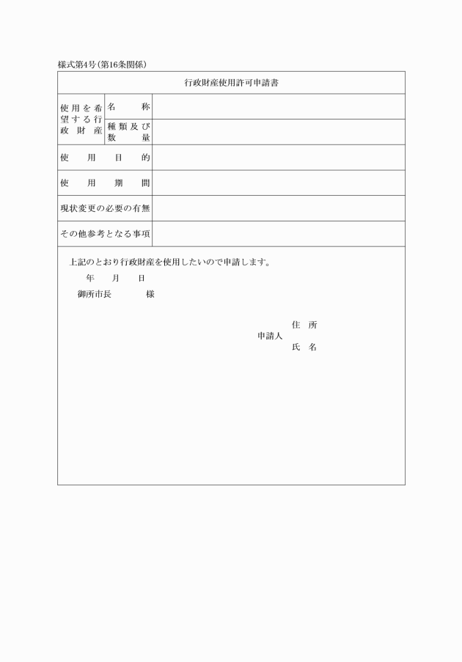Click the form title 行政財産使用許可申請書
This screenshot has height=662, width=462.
[231, 83]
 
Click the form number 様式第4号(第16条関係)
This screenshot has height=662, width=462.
[103, 65]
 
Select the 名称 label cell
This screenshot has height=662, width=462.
[129, 107]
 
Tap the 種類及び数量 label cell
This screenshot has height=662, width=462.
[129, 132]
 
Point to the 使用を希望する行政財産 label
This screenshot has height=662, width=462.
[81, 119]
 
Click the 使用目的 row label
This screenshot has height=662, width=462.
[105, 158]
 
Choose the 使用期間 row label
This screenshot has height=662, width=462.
[105, 183]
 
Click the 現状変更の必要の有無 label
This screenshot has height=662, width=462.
[105, 208]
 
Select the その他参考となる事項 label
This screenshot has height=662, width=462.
[105, 234]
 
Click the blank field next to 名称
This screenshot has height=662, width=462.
[279, 107]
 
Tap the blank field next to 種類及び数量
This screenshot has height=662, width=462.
[279, 132]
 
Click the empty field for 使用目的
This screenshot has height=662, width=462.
[279, 158]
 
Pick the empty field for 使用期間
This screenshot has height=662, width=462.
[279, 183]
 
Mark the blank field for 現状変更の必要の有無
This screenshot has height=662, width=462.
[279, 208]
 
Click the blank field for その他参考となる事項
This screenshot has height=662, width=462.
[279, 234]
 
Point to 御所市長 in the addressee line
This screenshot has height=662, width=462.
[94, 294]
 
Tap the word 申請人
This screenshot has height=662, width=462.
[270, 336]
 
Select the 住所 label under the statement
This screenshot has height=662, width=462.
[304, 325]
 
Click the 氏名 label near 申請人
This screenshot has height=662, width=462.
[304, 347]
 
